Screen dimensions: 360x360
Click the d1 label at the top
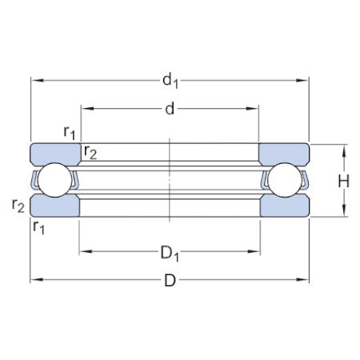(x=170, y=81)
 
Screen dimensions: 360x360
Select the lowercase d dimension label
(x=170, y=110)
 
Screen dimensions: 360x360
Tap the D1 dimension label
(x=170, y=254)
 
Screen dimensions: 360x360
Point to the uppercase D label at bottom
(x=170, y=281)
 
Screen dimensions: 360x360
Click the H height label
(x=343, y=181)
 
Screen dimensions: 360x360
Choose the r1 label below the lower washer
(x=38, y=229)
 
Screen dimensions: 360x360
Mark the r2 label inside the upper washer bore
(x=90, y=154)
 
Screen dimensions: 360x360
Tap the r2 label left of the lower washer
(x=18, y=205)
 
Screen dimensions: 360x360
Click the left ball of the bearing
(x=54, y=181)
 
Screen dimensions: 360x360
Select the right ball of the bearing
(x=284, y=181)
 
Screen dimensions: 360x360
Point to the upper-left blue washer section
(x=54, y=153)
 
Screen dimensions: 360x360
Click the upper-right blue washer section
(x=284, y=153)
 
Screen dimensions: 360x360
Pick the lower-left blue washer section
(x=54, y=207)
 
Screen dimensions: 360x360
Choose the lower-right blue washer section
(x=284, y=207)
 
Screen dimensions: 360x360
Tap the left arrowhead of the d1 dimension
(x=34, y=80)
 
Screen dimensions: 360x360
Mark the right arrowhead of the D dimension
(x=305, y=279)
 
